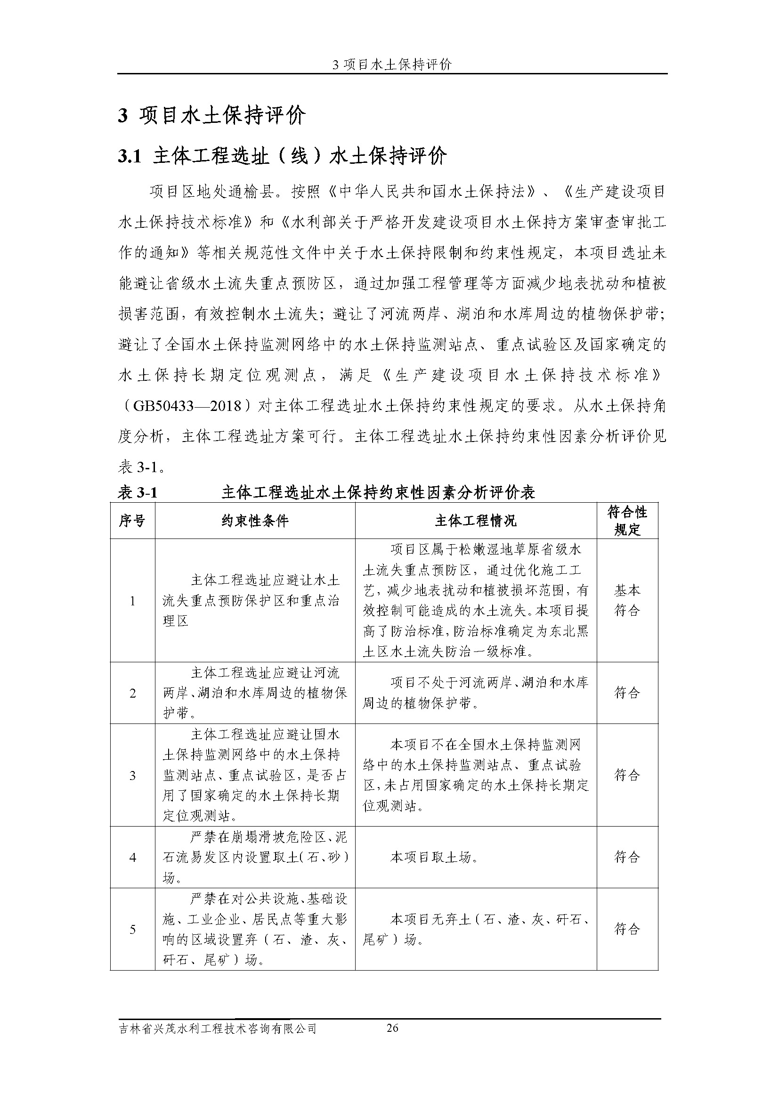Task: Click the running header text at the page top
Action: (392, 65)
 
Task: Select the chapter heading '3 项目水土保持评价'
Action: (211, 116)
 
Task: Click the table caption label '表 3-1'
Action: (138, 492)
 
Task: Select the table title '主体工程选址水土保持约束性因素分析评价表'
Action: (378, 492)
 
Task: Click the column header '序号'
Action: (132, 521)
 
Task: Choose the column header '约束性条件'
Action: (255, 521)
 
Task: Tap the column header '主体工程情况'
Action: (475, 521)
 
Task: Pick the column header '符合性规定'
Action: (627, 521)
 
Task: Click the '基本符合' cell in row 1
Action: (627, 600)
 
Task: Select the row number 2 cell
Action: (132, 693)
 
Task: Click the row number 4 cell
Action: (132, 857)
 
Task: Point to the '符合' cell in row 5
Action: (627, 929)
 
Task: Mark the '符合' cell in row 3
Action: (627, 775)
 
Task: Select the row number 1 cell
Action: (132, 600)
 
